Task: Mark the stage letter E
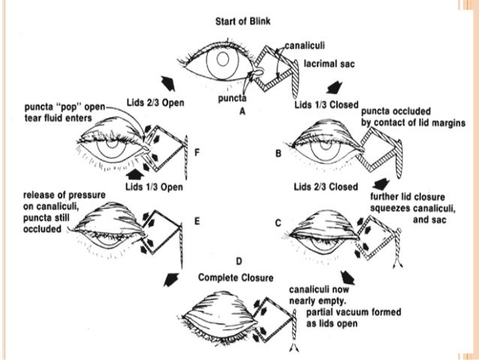point(197,222)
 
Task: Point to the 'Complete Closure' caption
point(238,277)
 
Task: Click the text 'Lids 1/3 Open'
point(156,185)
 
